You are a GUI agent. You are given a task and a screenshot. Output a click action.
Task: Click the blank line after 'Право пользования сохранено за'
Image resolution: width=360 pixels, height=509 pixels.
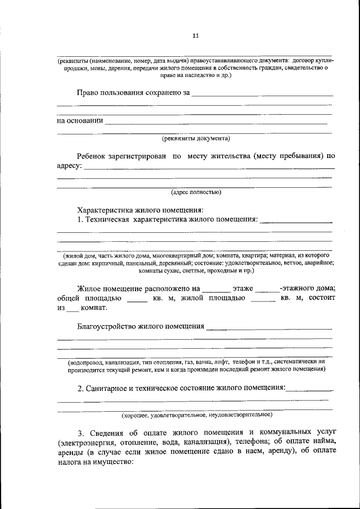262,94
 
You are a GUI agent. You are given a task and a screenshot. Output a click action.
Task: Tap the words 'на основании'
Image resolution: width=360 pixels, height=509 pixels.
79,120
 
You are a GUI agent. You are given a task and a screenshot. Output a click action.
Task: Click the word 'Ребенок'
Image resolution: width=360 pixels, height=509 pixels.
93,156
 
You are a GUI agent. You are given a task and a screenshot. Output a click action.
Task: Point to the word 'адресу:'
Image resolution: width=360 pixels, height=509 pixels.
70,166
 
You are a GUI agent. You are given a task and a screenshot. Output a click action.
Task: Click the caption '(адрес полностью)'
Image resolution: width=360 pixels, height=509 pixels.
196,192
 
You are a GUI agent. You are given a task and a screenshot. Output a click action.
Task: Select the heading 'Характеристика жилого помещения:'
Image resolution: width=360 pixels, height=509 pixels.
141,209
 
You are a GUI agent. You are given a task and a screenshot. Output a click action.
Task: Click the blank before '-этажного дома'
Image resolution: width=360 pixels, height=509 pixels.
274,289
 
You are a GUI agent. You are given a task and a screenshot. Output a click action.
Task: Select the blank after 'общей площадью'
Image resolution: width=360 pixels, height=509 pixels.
137,299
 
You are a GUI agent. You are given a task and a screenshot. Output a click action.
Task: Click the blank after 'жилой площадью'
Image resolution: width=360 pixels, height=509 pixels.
263,299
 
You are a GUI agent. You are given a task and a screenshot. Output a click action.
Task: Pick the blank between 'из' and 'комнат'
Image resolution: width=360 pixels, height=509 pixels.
73,309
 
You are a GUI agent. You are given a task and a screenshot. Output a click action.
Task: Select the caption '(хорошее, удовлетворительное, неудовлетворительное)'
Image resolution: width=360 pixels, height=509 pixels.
197,415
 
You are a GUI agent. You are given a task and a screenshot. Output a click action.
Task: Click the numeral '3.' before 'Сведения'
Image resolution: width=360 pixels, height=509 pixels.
80,433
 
